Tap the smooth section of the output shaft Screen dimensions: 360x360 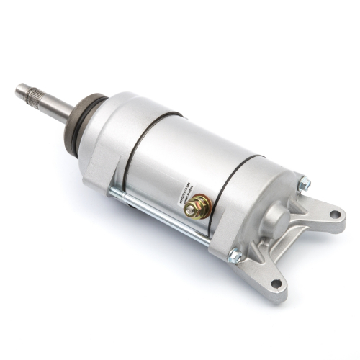pos(58,106)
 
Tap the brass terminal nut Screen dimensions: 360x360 pos(193,209)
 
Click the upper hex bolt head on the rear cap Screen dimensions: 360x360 pos(304,184)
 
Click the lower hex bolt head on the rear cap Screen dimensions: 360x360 pos(234,255)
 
